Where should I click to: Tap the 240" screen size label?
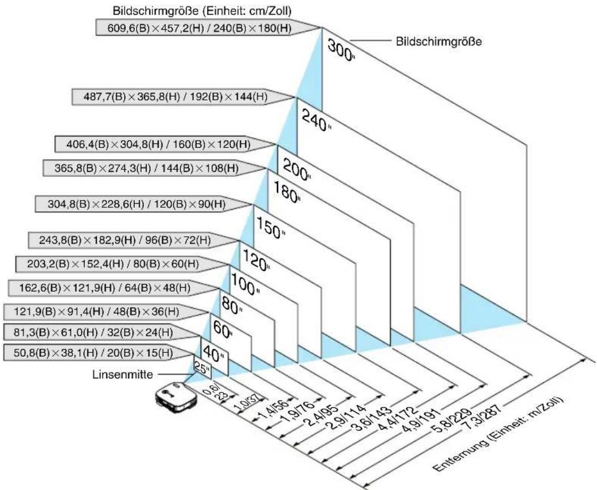[x=316, y=120]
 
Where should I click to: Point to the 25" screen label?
[x=202, y=368]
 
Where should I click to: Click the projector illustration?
[x=176, y=397]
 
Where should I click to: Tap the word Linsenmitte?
[x=122, y=374]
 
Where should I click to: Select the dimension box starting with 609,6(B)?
[x=207, y=28]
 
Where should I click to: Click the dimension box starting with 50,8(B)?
[x=99, y=352]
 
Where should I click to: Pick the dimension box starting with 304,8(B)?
[x=144, y=204]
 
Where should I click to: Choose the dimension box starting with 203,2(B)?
[x=122, y=264]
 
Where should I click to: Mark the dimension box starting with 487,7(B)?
[x=184, y=97]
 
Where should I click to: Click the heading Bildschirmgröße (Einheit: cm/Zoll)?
[x=202, y=11]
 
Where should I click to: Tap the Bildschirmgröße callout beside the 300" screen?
[x=438, y=41]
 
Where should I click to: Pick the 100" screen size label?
[x=246, y=285]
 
